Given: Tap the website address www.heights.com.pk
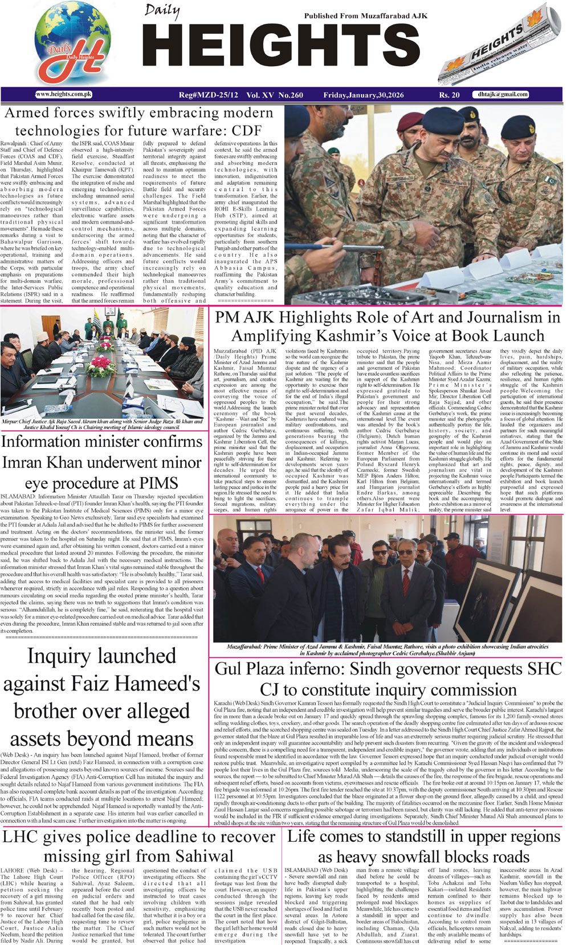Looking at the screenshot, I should [x=64, y=95].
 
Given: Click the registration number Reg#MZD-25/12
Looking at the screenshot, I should [x=208, y=95].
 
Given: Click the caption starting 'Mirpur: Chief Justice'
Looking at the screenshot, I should [x=103, y=425].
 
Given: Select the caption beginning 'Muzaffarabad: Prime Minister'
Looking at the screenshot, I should [x=387, y=650].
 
